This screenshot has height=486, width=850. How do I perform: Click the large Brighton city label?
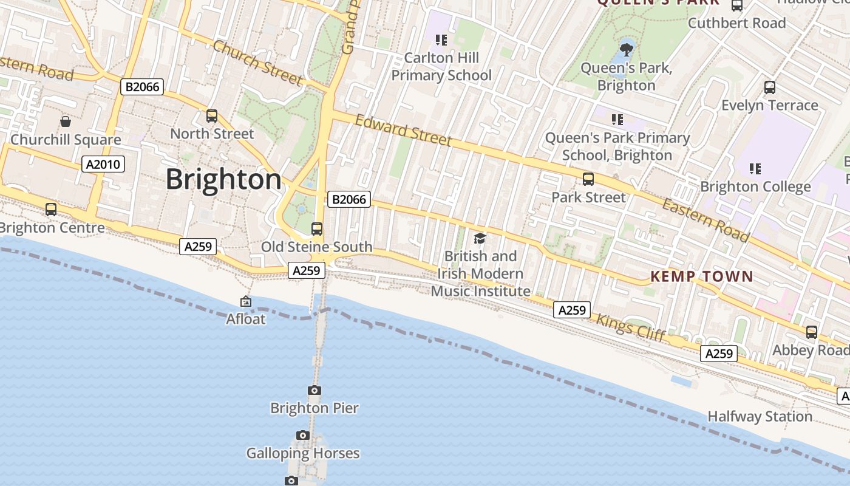tap(223, 180)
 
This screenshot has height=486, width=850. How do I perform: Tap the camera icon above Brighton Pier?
tap(314, 391)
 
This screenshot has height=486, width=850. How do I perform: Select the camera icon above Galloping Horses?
tap(302, 436)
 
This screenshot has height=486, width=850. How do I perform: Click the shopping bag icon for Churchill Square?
tap(66, 122)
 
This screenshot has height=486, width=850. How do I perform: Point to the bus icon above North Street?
tap(212, 115)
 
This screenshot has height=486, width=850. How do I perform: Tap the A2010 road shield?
tap(103, 164)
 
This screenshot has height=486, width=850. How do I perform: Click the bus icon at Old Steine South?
tap(317, 229)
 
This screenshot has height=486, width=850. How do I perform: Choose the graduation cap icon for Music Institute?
tap(480, 238)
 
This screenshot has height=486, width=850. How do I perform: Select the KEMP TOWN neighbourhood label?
tap(701, 277)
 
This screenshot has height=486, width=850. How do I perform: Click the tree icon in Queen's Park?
tap(626, 48)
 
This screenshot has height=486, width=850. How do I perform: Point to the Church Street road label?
tap(257, 63)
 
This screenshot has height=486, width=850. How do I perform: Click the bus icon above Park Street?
tap(588, 179)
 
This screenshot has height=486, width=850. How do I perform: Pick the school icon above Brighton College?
tap(755, 168)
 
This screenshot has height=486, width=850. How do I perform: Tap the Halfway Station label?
tap(760, 417)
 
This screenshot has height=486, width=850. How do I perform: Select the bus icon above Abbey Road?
tap(812, 332)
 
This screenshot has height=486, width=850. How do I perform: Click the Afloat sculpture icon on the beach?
tap(246, 301)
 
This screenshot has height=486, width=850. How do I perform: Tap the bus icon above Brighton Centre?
tap(51, 210)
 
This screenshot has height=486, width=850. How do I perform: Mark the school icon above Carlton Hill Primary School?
tap(441, 40)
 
